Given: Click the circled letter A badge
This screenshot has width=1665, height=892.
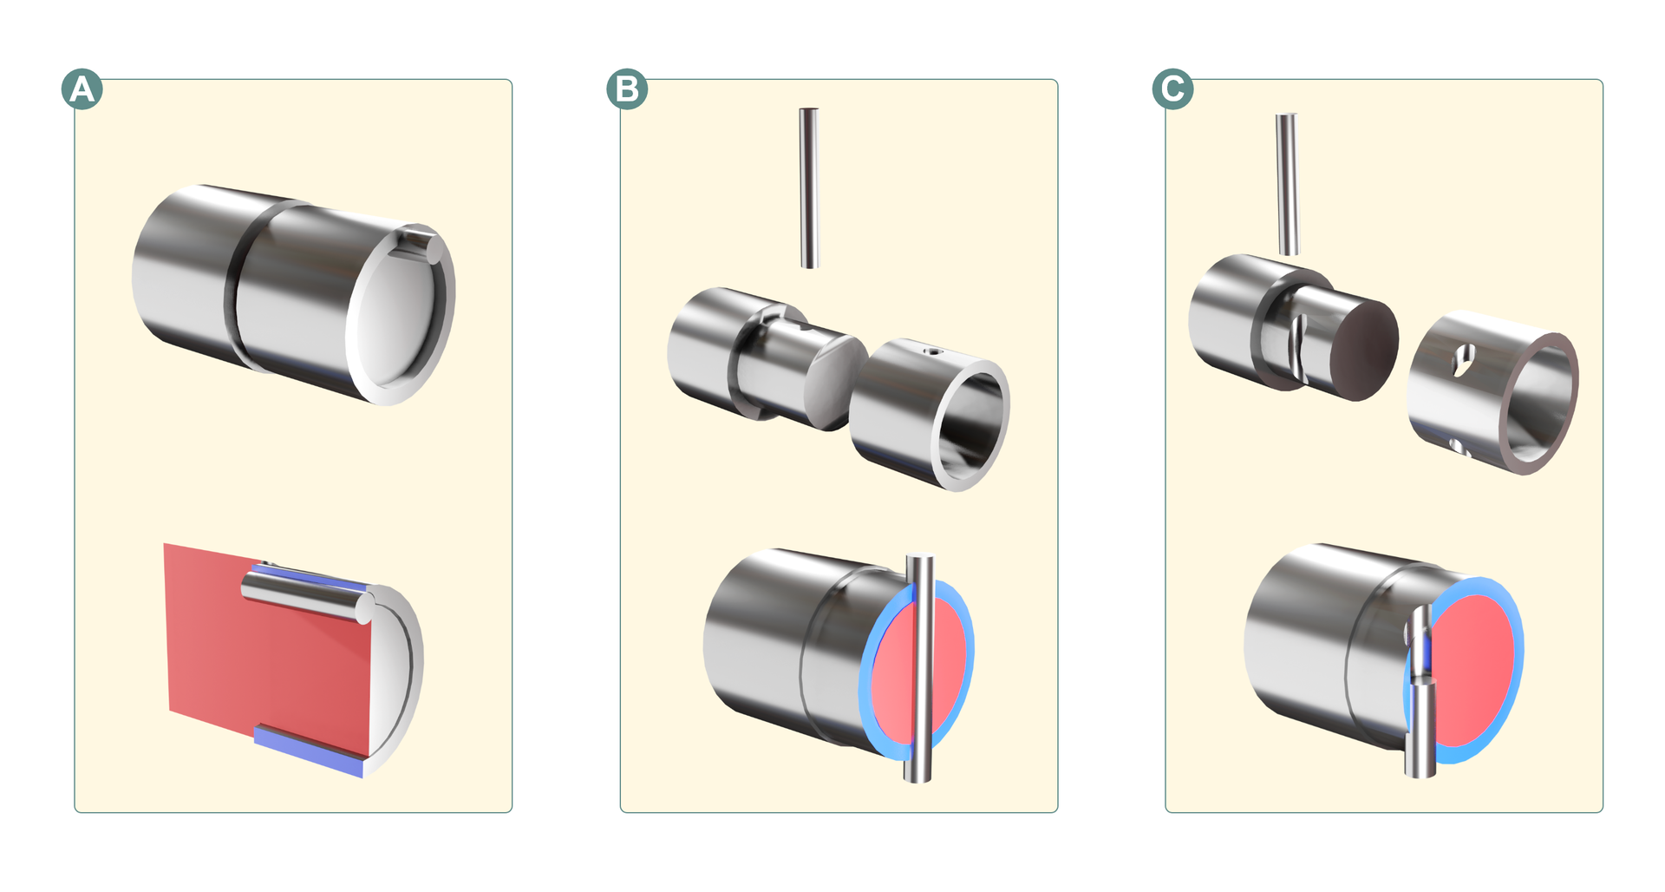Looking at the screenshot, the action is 82,89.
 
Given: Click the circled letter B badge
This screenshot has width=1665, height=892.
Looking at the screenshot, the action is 627,89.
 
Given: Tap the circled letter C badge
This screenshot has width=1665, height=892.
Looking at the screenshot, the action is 1172,89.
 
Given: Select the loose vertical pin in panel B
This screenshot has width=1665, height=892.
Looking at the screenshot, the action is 809,187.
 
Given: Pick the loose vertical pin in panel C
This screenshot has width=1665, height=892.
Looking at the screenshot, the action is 1288,184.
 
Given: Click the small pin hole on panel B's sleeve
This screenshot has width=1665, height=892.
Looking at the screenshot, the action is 932,352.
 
